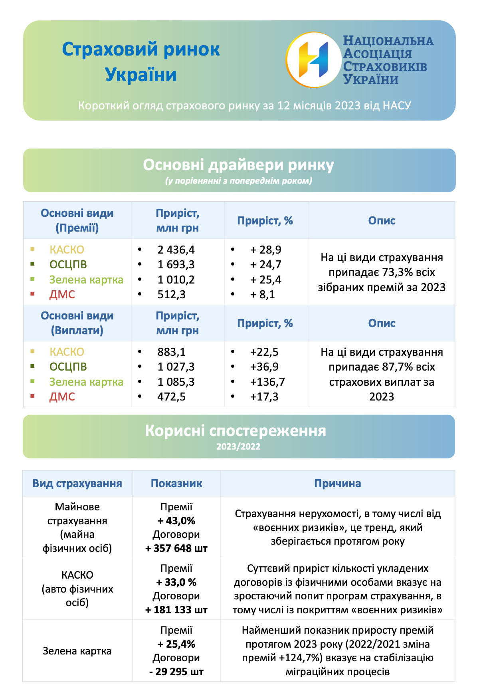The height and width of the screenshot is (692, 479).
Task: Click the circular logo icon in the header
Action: click(314, 60)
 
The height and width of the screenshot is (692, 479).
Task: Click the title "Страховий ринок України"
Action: click(141, 62)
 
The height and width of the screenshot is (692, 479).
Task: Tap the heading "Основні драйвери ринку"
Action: click(239, 165)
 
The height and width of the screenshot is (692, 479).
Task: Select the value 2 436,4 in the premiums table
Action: click(176, 250)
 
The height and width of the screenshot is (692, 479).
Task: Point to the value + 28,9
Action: click(266, 250)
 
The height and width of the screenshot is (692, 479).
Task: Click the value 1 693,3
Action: click(176, 265)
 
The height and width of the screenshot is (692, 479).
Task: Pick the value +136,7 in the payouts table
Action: click(267, 382)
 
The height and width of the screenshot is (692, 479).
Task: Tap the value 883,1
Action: click(172, 352)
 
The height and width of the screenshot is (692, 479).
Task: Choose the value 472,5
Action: click(172, 397)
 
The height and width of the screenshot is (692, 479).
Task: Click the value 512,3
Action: click(172, 295)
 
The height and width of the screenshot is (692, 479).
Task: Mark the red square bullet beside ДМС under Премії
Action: click(32, 294)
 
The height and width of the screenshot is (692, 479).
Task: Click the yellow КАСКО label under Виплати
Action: click(67, 352)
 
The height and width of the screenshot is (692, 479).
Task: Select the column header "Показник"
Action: click(176, 484)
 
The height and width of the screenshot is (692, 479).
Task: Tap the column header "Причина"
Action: click(338, 484)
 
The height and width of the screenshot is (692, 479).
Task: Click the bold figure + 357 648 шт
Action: click(176, 549)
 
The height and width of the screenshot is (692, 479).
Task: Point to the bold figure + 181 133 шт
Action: click(176, 610)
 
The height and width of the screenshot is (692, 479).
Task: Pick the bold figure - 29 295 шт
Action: click(176, 672)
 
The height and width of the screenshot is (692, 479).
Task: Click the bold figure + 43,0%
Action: click(176, 521)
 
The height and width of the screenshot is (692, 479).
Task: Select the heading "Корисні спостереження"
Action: click(236, 431)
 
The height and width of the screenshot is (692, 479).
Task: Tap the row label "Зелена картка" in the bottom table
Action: click(77, 651)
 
